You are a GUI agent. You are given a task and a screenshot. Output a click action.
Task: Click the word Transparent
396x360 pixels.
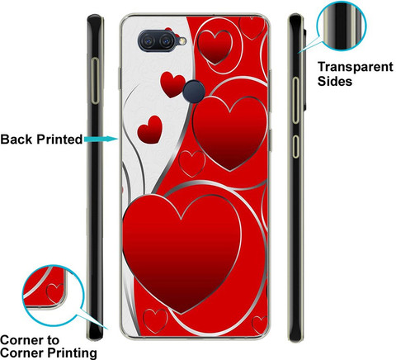point(356,67)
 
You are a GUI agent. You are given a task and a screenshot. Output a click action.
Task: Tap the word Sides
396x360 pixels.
point(335,81)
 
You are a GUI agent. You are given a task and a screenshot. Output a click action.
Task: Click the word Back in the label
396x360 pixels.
point(16,140)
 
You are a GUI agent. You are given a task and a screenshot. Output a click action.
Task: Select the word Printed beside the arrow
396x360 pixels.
point(59,140)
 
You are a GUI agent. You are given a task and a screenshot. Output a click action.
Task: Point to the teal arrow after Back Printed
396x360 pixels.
point(101,140)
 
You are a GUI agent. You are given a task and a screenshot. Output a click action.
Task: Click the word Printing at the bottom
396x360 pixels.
point(73,353)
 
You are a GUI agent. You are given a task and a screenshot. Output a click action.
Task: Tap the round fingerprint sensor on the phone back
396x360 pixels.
point(195,92)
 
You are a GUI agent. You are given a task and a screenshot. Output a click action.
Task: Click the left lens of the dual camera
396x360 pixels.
point(148,41)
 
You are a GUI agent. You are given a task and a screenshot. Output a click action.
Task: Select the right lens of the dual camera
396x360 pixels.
point(166,41)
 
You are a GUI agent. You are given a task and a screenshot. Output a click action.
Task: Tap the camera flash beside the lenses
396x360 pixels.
point(181,41)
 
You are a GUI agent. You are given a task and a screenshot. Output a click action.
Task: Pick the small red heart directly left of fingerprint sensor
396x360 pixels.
point(172,84)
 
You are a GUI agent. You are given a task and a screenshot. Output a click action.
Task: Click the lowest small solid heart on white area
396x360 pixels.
point(150,130)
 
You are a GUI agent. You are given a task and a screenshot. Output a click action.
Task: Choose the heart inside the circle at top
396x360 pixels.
point(214,47)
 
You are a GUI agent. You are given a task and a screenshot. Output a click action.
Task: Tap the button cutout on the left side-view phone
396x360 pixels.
point(95,81)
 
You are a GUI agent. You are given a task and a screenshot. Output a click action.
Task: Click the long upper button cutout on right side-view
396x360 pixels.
point(295,100)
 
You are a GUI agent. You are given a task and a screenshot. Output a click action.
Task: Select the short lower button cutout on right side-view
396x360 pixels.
point(295,146)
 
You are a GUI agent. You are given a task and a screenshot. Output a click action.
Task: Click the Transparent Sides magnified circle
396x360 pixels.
point(342,26)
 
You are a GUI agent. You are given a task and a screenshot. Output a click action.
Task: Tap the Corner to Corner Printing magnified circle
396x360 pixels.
point(53,296)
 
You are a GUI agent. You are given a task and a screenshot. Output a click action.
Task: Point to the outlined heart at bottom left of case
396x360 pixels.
point(155,321)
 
